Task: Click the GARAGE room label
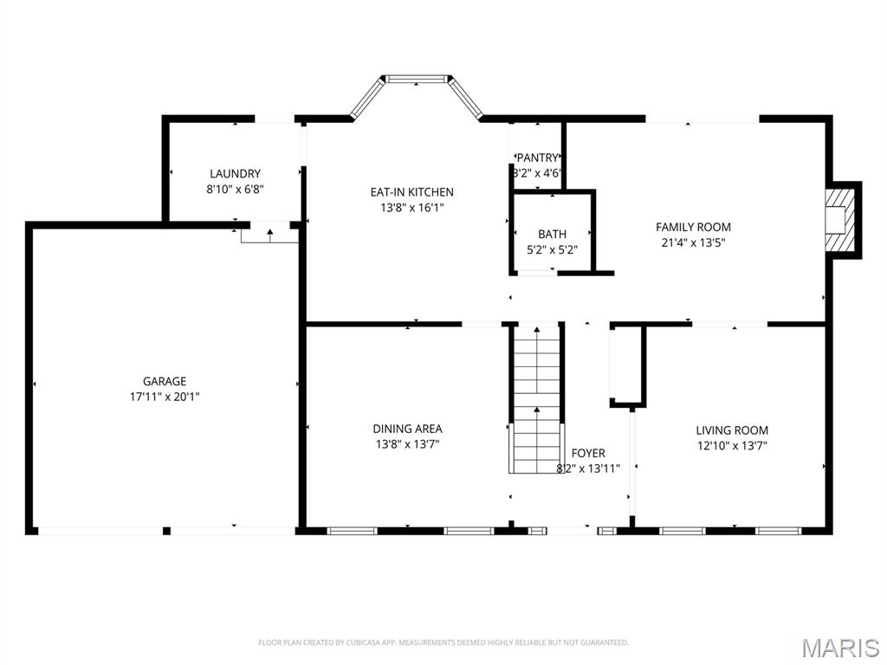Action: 165,381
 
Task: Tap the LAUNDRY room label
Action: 235,174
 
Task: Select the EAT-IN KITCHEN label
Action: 411,192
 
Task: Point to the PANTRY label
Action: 537,158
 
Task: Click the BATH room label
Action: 552,234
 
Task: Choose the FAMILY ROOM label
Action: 693,227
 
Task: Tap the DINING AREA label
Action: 407,429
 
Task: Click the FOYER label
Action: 588,453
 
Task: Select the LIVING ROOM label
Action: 732,430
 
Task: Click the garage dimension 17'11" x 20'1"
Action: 165,397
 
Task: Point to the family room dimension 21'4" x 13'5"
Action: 693,243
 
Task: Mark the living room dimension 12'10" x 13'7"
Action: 732,446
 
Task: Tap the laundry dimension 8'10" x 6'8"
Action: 235,190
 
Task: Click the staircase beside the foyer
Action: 536,398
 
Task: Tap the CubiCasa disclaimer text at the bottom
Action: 443,642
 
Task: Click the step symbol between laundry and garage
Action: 269,233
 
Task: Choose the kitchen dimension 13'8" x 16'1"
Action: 411,208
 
